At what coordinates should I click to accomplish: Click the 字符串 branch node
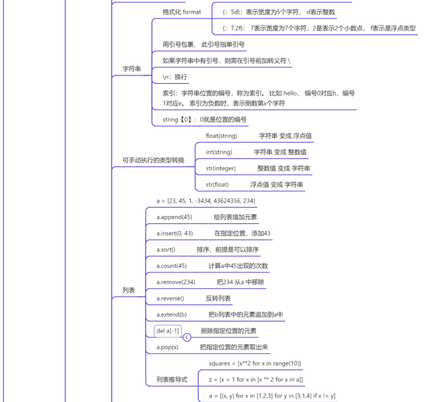(x=131, y=69)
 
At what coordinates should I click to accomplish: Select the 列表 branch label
(x=129, y=290)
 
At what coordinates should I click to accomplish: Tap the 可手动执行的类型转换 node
(x=153, y=160)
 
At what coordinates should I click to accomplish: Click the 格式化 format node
(x=182, y=12)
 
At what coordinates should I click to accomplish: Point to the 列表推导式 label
(x=172, y=380)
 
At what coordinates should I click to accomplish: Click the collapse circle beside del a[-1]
(x=187, y=338)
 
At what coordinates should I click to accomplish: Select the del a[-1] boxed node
(x=167, y=331)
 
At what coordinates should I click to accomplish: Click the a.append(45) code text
(x=174, y=217)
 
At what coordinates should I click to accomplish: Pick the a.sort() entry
(x=166, y=249)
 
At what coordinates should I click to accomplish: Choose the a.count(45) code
(x=171, y=266)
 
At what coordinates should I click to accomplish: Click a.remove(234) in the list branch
(x=176, y=282)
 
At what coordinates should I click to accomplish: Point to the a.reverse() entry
(x=170, y=298)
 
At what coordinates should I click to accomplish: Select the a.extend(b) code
(x=171, y=315)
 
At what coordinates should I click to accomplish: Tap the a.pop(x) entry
(x=167, y=347)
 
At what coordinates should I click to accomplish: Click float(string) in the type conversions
(x=221, y=136)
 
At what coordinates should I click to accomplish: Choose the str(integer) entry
(x=221, y=169)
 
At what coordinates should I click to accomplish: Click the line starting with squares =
(x=255, y=363)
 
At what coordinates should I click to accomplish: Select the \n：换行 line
(x=174, y=77)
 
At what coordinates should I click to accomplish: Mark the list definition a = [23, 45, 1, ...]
(x=206, y=201)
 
